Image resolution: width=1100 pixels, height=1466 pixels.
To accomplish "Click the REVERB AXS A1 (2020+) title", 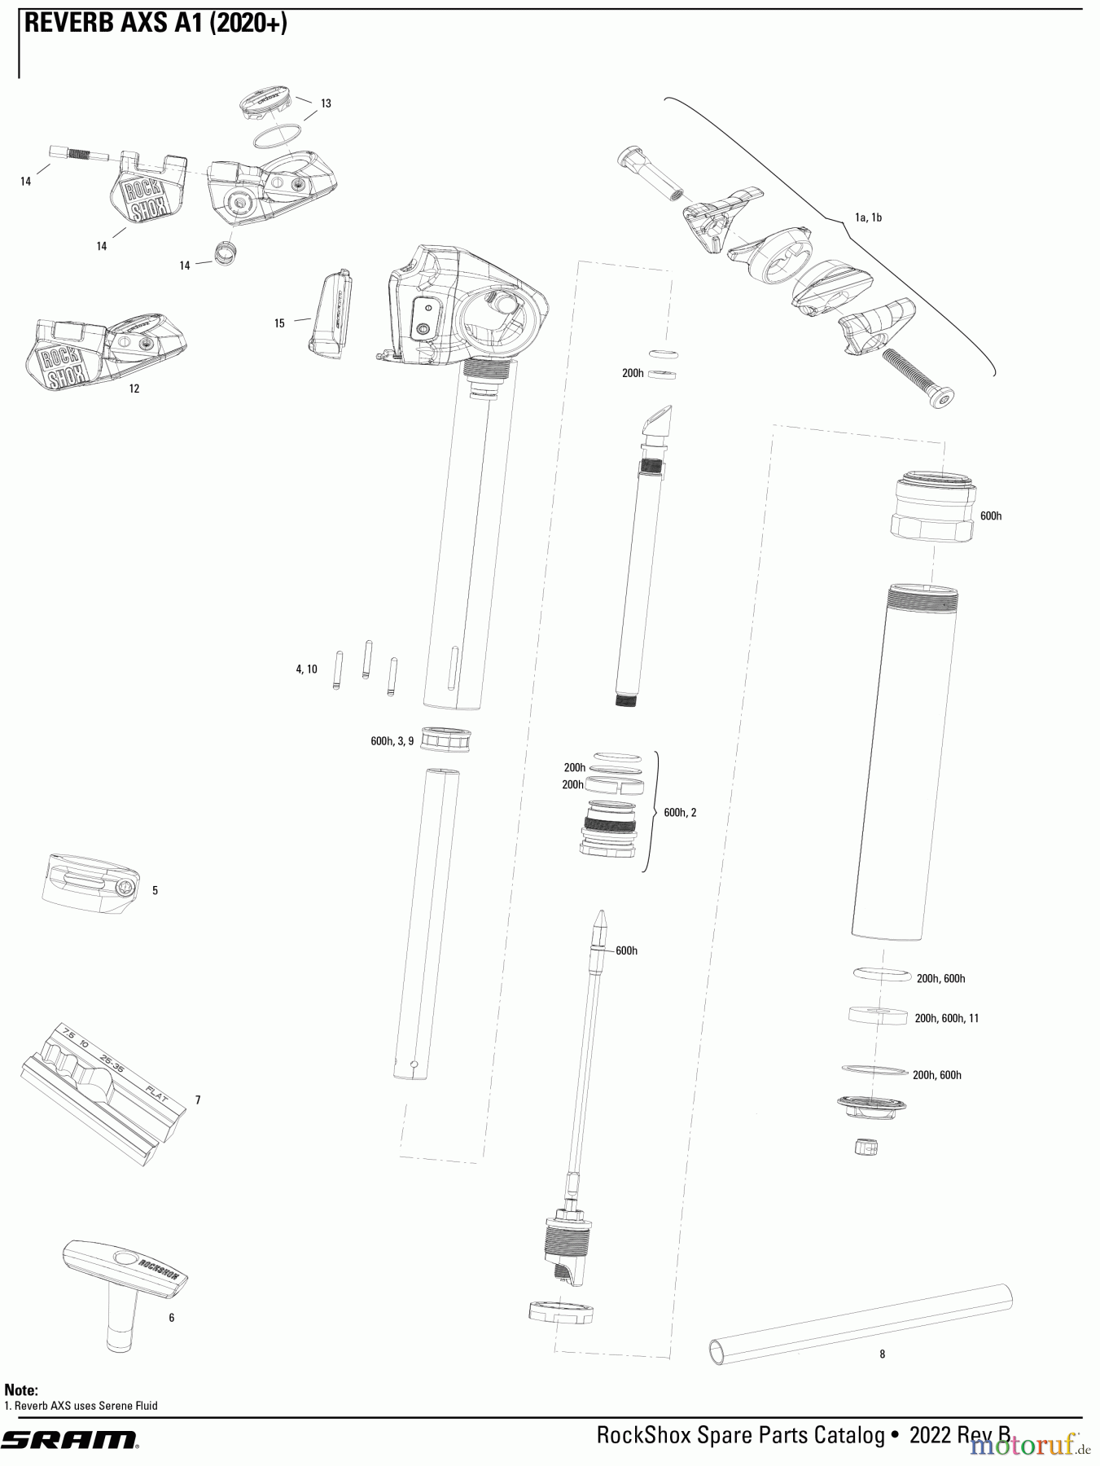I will click(x=156, y=24).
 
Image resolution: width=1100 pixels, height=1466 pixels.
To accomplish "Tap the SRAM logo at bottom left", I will click(x=68, y=1440).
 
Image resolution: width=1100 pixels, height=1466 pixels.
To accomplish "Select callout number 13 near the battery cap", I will click(x=326, y=103).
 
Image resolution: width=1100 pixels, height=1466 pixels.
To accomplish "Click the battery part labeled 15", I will click(x=331, y=315).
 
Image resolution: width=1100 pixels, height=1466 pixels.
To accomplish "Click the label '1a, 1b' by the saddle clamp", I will click(x=868, y=217).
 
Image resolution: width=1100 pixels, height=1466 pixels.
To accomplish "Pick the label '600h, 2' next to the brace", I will click(x=680, y=813).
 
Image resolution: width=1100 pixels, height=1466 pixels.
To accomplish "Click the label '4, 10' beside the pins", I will click(x=306, y=669).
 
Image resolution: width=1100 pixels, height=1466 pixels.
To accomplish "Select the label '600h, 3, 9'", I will click(x=392, y=741).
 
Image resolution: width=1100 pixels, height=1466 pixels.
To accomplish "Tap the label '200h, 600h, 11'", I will click(x=946, y=1018).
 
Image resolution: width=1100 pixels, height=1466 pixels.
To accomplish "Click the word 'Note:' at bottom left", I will click(x=21, y=1390).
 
